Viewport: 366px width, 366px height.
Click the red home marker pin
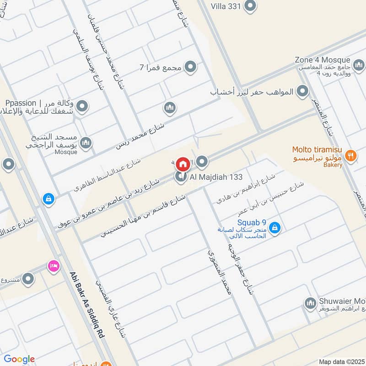(183, 164)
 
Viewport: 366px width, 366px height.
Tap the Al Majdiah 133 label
(211, 177)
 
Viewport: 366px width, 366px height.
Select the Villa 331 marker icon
(250, 6)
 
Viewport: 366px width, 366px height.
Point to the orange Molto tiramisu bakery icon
(350, 155)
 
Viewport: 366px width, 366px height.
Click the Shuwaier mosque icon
(311, 303)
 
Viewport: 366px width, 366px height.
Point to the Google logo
(19, 359)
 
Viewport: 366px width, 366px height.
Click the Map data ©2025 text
(341, 361)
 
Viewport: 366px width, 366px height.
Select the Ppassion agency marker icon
(82, 107)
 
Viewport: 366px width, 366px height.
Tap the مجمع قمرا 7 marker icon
(191, 67)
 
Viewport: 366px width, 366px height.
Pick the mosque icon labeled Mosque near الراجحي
(86, 144)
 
